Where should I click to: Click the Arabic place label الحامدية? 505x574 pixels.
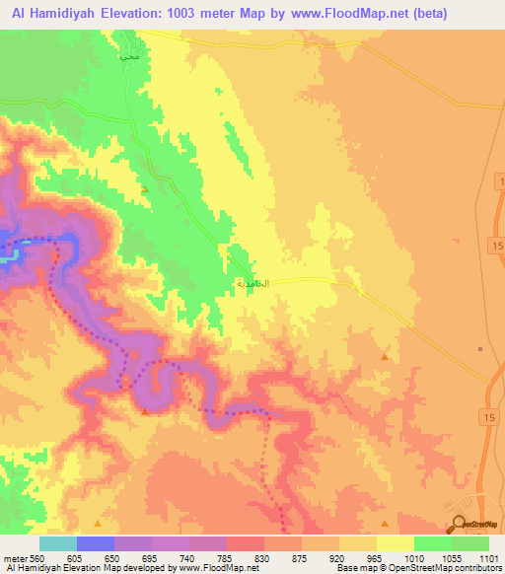coord(254,282)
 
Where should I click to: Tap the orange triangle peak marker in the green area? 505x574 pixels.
coord(146,189)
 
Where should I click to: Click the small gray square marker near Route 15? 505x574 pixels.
coord(480,349)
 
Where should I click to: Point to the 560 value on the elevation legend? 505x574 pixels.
coord(36,558)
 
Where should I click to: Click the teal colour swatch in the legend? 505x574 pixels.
coord(58,543)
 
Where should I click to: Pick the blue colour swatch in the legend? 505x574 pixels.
coord(96,543)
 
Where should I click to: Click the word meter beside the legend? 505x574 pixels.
coord(12,558)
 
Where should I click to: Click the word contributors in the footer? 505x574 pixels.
coord(478,569)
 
